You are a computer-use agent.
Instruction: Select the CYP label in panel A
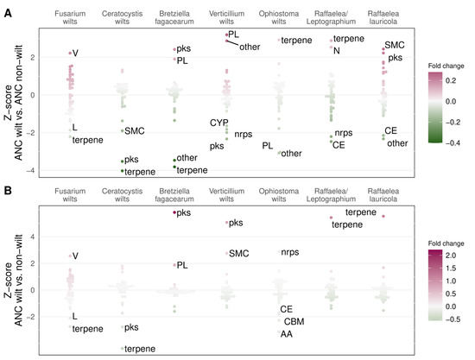point(218,123)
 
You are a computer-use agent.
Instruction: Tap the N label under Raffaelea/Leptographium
point(337,51)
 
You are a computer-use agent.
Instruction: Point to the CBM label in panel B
point(294,321)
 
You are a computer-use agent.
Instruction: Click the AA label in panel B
point(287,334)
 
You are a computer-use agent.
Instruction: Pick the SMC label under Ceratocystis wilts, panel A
point(135,130)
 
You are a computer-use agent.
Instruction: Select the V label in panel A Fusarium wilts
point(76,54)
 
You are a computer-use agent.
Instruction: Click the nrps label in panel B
point(290,252)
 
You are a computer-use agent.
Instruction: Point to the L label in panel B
point(75,317)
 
